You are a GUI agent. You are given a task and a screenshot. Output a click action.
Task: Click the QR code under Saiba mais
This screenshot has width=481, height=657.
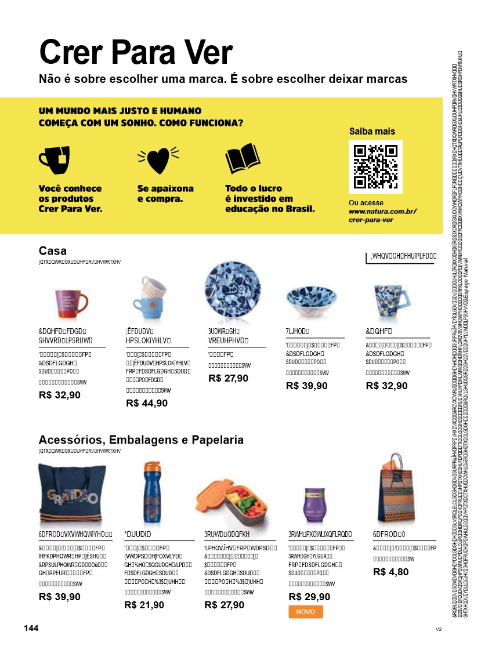375,166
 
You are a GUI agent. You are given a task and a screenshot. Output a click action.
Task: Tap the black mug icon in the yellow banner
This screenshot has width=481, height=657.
54,160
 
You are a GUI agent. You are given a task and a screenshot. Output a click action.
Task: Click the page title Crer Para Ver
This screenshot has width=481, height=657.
136,52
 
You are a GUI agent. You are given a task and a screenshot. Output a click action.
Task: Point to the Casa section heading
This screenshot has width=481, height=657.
53,251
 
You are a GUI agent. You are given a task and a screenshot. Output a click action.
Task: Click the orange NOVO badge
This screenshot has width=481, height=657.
305,612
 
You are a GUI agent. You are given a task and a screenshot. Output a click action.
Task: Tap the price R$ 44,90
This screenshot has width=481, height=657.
147,403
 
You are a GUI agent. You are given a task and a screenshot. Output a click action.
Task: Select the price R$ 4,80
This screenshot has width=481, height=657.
391,571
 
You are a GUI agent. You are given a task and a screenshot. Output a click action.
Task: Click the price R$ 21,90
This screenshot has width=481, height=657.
144,605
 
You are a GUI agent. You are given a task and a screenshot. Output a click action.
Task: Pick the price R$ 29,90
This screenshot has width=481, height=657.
309,597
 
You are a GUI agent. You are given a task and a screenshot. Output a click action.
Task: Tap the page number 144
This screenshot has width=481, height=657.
31,629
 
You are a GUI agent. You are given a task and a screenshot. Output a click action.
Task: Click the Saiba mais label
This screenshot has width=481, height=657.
372,131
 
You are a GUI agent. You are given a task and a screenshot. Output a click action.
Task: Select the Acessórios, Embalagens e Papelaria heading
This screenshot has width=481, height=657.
141,440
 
